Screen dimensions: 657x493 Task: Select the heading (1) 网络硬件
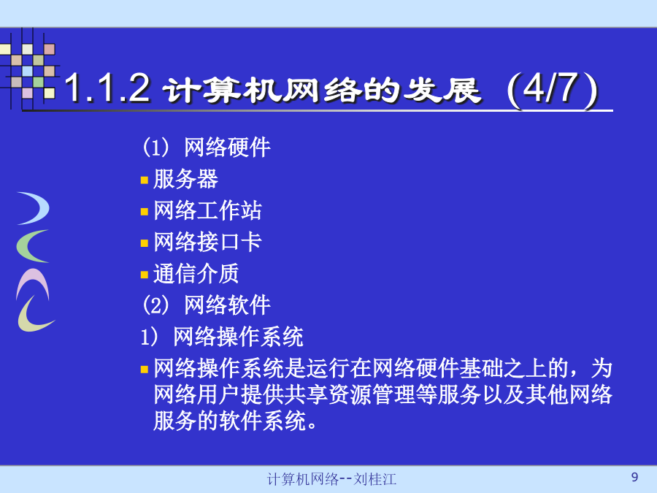207,147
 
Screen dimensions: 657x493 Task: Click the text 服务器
185,179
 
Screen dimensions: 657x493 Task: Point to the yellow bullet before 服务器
145,180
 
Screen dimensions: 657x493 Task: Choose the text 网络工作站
207,210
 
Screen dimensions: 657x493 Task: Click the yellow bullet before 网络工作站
145,212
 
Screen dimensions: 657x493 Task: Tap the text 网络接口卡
207,242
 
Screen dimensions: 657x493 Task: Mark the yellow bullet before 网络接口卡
145,243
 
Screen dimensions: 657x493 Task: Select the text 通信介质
196,273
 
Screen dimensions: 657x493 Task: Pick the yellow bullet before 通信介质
145,275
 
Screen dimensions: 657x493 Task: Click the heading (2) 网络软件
207,305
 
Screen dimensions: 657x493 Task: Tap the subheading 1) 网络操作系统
222,336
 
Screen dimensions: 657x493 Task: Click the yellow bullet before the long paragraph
145,370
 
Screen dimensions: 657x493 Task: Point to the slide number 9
634,477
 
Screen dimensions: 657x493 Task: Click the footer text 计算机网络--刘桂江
331,478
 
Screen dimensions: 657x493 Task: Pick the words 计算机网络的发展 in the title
322,90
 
